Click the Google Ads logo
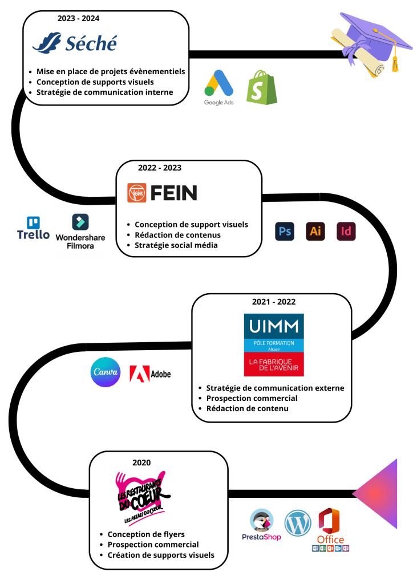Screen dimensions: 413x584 click(218, 87)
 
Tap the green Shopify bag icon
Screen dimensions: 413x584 click(262, 87)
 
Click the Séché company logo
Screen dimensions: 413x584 click(75, 43)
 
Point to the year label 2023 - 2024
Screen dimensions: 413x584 click(78, 18)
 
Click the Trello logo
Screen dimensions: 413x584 click(33, 228)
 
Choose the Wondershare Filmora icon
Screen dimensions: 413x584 click(80, 232)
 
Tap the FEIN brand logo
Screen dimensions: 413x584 click(162, 193)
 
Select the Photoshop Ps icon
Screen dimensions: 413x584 click(285, 232)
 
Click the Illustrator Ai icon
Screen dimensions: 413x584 click(315, 232)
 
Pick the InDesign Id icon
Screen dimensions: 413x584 click(346, 232)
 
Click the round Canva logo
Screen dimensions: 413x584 click(106, 372)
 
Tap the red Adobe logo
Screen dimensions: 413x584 click(150, 374)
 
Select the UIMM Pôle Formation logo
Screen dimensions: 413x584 click(274, 345)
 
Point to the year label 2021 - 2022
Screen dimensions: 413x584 click(274, 302)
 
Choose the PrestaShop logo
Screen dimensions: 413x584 click(261, 525)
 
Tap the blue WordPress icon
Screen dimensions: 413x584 click(298, 523)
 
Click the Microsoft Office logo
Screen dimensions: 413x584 click(330, 529)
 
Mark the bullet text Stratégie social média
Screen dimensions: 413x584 click(176, 245)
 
